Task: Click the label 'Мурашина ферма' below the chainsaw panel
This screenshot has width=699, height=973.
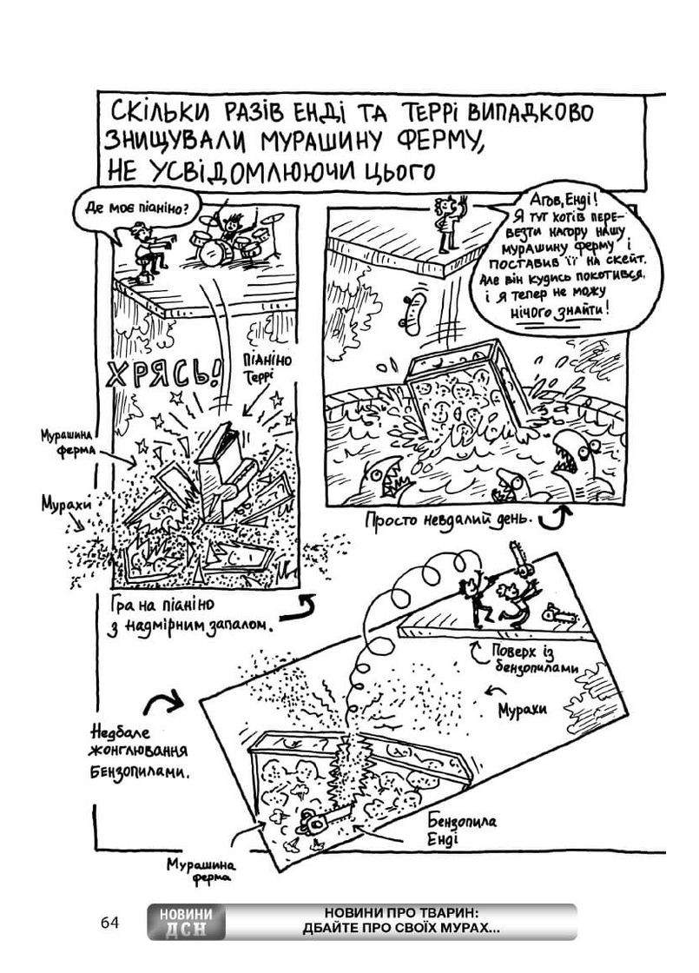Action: coord(199,870)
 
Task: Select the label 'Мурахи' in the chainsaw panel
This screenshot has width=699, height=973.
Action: coord(521,708)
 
